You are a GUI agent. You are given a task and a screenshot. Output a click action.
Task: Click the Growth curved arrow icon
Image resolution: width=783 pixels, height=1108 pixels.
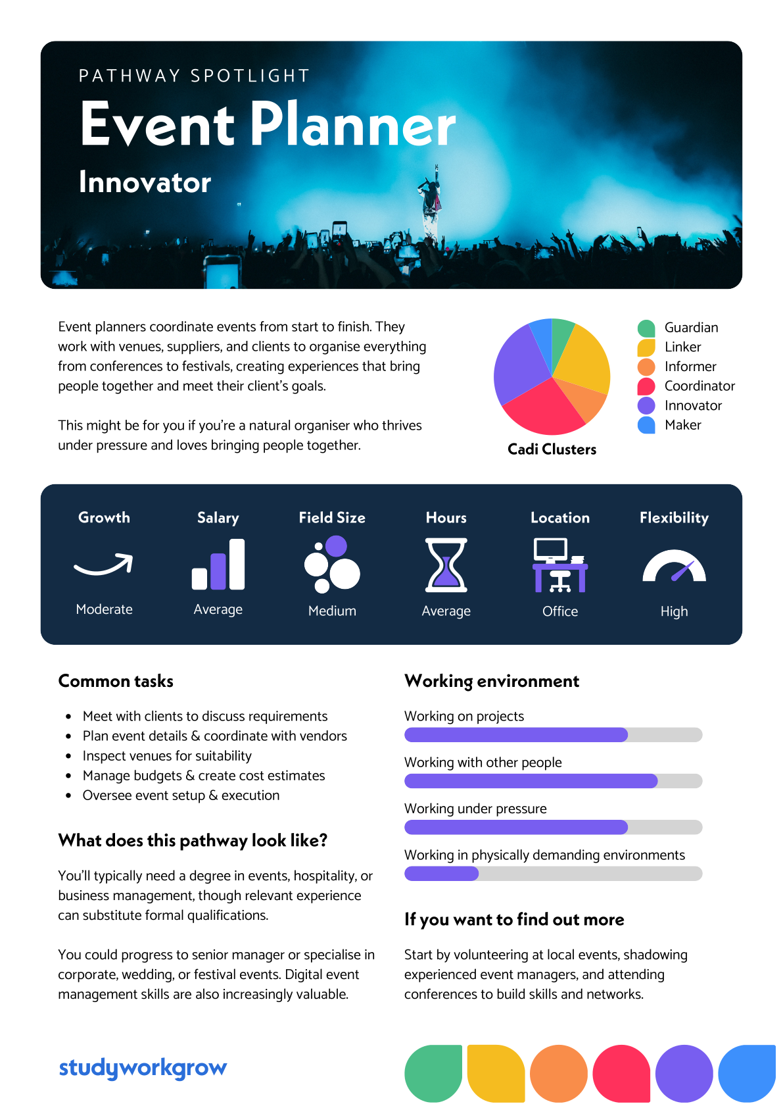click(103, 565)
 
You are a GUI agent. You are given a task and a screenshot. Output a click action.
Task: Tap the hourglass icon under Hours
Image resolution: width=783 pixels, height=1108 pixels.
click(446, 565)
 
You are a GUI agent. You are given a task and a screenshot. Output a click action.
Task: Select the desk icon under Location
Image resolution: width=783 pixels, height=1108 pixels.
click(560, 565)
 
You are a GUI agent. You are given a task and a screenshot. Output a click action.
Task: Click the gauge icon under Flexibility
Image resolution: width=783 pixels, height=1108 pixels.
click(674, 566)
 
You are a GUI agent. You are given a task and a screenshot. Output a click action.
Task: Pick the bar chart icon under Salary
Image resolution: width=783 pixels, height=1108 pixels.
click(218, 564)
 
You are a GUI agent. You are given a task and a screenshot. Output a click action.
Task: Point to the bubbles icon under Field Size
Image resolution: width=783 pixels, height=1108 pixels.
click(332, 564)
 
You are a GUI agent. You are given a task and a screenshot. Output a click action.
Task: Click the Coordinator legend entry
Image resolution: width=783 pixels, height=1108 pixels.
click(686, 386)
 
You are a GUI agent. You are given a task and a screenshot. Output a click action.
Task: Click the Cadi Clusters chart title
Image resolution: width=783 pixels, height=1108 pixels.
click(552, 449)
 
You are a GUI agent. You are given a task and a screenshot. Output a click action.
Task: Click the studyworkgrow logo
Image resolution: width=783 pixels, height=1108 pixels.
click(143, 1068)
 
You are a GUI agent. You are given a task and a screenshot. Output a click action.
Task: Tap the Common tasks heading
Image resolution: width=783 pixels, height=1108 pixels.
click(116, 681)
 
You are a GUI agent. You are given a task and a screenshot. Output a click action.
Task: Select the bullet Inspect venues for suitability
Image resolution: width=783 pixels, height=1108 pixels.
click(167, 756)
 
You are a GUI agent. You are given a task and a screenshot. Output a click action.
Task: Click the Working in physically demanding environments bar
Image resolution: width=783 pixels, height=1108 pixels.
click(553, 874)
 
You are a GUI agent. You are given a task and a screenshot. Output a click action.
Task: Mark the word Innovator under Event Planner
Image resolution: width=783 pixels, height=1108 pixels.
click(145, 182)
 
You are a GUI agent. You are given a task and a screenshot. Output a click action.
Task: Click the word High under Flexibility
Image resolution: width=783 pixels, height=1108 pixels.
click(674, 611)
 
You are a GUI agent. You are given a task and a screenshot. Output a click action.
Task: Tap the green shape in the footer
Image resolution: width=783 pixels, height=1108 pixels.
click(433, 1073)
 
